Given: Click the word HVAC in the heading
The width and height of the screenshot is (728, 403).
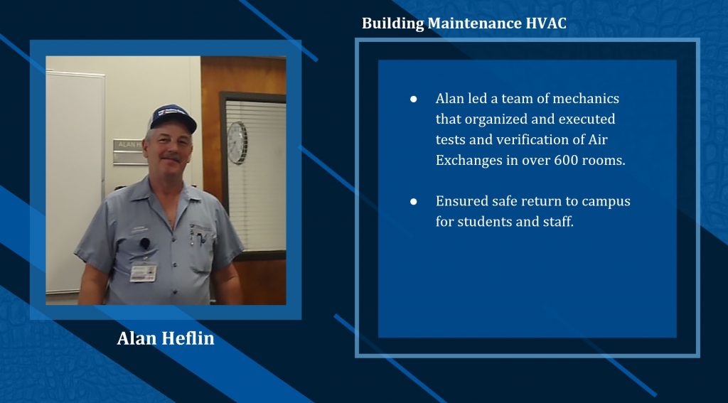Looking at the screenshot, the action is pos(546,23).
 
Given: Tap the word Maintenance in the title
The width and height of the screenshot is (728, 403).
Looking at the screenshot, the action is pos(474,23).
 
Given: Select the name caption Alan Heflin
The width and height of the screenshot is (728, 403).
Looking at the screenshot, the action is pos(166,338).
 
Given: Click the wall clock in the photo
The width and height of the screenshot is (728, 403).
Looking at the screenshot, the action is pos(237,143).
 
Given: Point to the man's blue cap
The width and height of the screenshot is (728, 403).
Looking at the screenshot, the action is pos(173,118).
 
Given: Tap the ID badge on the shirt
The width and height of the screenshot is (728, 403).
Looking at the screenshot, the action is pos(143,272).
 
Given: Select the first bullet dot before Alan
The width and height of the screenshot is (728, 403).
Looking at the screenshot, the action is pos(413,100).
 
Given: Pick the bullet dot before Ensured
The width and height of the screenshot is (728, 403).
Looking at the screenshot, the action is pos(413,202).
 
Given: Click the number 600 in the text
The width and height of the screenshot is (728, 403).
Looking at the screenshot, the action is pos(565,160).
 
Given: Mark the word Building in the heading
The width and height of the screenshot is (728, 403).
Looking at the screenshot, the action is pos(393,23).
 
